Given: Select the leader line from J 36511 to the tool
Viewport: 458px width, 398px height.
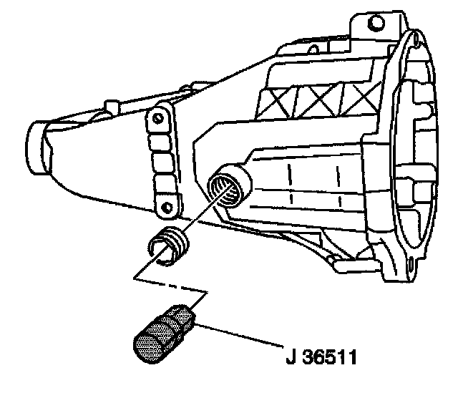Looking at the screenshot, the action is [240, 339].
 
